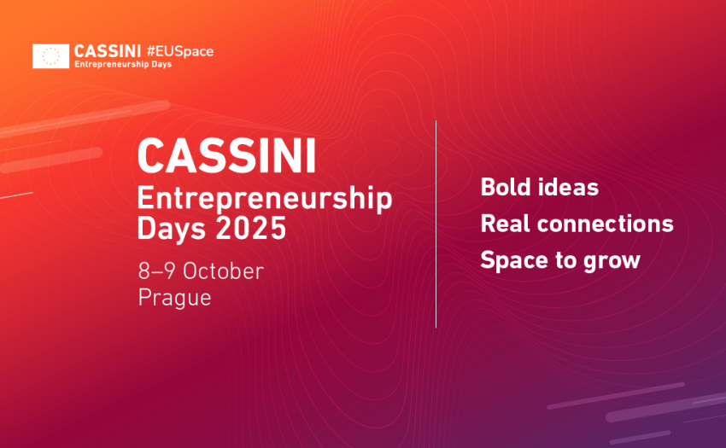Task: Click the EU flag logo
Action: pos(51,56)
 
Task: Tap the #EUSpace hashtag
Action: pos(180,51)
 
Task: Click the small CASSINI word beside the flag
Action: pos(108,51)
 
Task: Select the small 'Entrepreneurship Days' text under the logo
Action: pos(123,64)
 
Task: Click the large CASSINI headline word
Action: pos(227,156)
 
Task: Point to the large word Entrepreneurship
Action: pos(265,199)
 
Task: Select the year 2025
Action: pos(251,228)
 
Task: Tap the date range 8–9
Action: pos(156,271)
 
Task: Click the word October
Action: pos(224,271)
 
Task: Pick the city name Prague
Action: pos(174,298)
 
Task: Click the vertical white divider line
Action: pos(436,224)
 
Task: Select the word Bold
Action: pos(506,187)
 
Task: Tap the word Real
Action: pos(505,224)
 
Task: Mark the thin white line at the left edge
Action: pos(16,195)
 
